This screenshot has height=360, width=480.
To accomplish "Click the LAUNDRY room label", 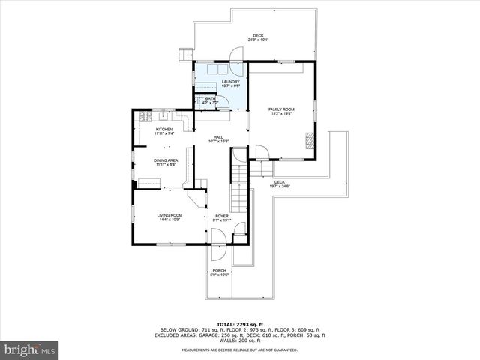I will point(220,83).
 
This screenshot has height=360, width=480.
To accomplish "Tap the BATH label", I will point(210,99).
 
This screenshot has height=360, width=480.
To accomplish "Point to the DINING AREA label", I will point(166,162).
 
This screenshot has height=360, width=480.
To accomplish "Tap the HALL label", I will point(219,139).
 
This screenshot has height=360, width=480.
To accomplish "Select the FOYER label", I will point(222,218).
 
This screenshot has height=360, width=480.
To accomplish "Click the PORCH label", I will point(219,272).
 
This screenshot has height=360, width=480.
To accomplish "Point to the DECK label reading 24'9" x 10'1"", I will point(258,37).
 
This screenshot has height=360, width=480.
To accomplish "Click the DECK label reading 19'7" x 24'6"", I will point(280,184).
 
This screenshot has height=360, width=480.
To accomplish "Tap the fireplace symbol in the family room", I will point(307,139).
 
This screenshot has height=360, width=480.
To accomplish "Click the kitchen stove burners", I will point(143,116).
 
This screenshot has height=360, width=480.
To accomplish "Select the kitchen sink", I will point(163,116).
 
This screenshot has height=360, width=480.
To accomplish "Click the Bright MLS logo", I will point(30,349).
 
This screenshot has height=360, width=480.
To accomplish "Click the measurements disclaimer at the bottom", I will point(240,349).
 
